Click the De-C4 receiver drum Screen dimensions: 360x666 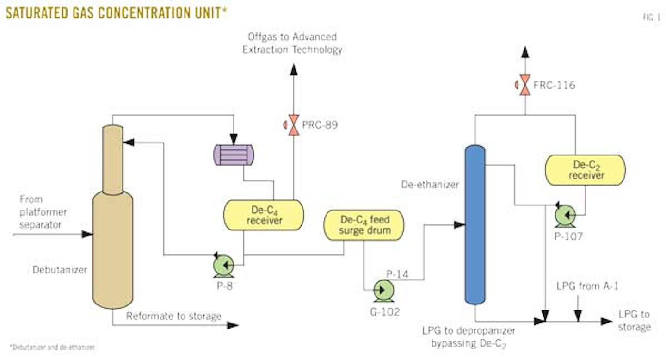[x=264, y=215]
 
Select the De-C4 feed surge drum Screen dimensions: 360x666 [x=364, y=225]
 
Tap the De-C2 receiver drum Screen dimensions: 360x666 [x=586, y=170]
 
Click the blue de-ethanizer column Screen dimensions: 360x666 [x=475, y=224]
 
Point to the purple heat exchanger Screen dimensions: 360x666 [x=234, y=155]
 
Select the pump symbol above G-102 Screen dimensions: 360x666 [x=383, y=290]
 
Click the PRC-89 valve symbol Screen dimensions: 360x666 [x=293, y=125]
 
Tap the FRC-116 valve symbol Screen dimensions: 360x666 [x=525, y=85]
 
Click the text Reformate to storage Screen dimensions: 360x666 [x=173, y=317]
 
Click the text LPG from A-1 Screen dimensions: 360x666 [x=587, y=286]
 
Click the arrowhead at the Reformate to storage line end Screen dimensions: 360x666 [x=233, y=325]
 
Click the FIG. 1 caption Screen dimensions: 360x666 [x=651, y=18]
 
